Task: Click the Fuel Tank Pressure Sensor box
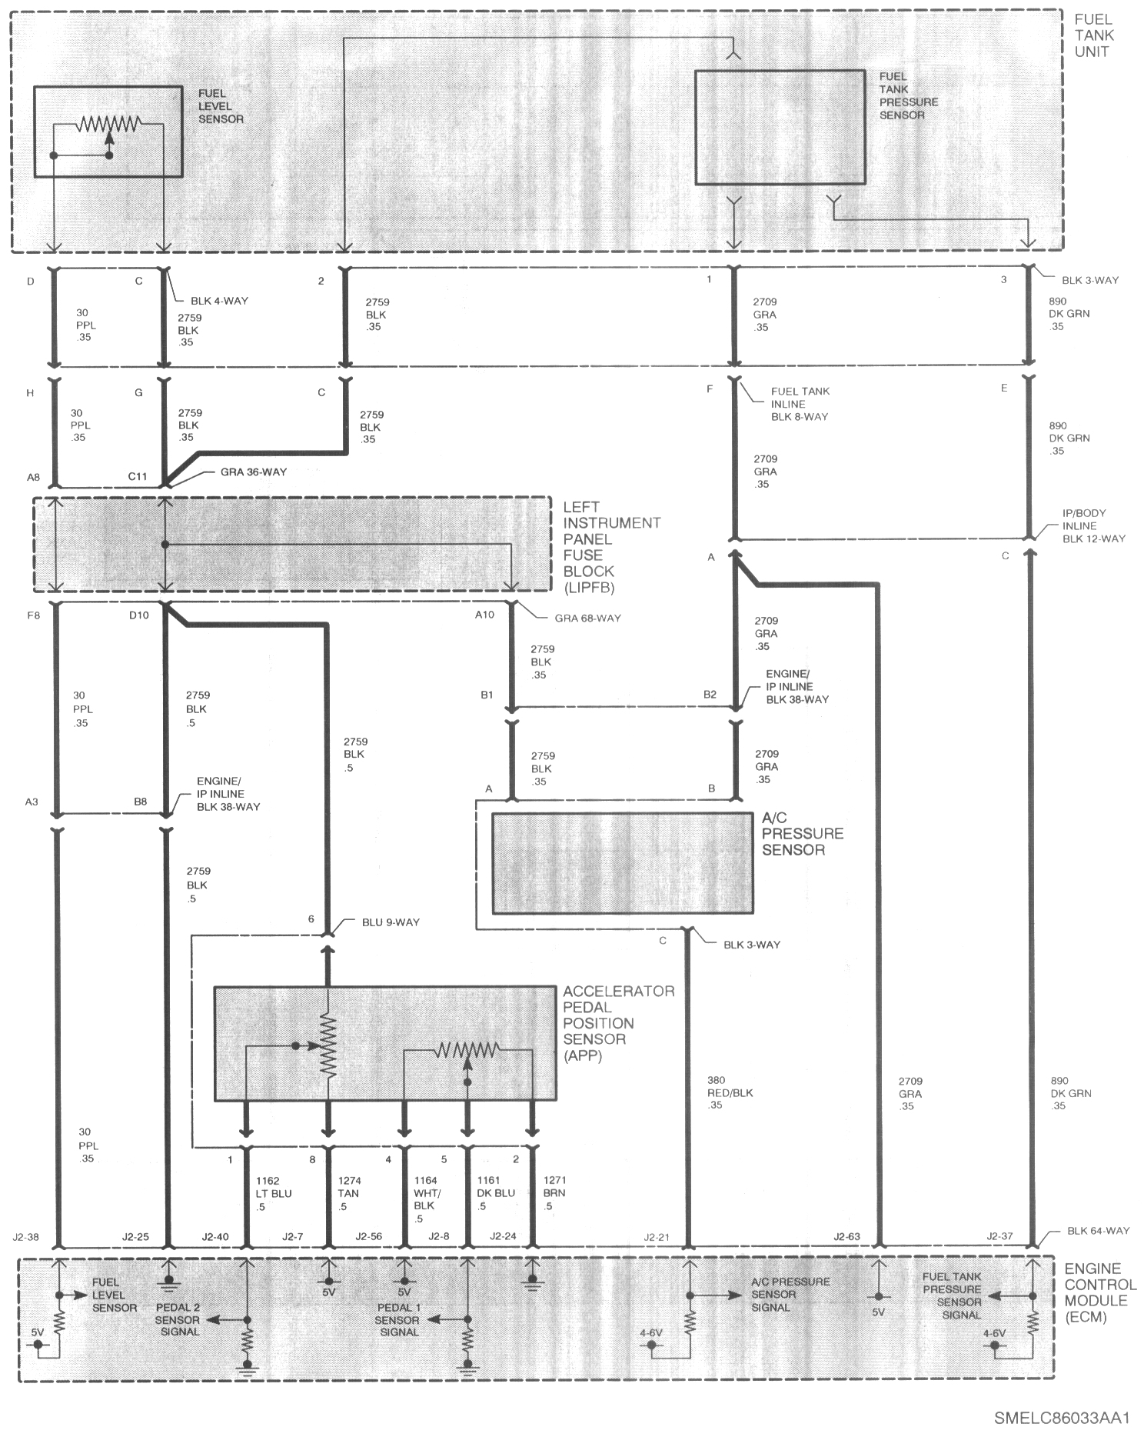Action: [x=780, y=128]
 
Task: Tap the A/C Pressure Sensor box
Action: [x=622, y=863]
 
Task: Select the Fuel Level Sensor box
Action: [x=108, y=132]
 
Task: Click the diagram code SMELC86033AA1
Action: [x=1061, y=1417]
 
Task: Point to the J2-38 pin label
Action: [x=25, y=1237]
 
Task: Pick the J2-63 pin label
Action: [x=846, y=1237]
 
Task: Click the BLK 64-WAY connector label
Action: [x=1098, y=1231]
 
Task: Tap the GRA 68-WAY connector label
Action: [x=587, y=618]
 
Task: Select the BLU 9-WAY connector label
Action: [x=391, y=922]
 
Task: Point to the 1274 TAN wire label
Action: [x=348, y=1193]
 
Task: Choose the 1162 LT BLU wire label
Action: [x=274, y=1193]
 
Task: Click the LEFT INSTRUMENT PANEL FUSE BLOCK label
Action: [x=612, y=547]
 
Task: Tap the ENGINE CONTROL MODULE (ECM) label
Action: [x=1100, y=1292]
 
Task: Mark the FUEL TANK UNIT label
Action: [x=1094, y=35]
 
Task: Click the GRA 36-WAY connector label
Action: [x=253, y=472]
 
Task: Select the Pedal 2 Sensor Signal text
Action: [x=178, y=1319]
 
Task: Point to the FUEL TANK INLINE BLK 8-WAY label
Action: [x=800, y=404]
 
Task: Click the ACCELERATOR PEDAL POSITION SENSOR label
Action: [x=619, y=1023]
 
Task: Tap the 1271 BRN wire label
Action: [x=554, y=1193]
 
